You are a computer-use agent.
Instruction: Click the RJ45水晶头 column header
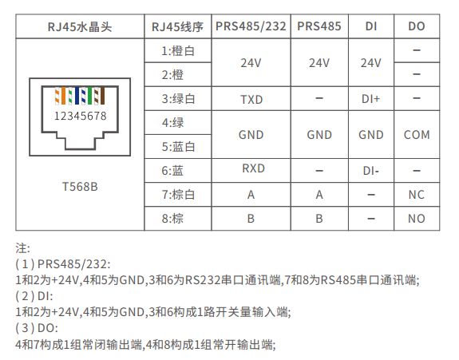[x=80, y=27]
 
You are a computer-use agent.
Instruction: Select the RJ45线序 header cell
[x=177, y=27]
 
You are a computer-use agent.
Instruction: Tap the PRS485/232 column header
[x=251, y=26]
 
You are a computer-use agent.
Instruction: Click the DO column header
[x=417, y=26]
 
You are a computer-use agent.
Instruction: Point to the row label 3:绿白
[x=178, y=99]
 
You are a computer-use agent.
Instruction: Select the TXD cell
[x=251, y=100]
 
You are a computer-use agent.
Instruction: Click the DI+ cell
[x=370, y=99]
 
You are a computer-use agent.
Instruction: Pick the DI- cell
[x=370, y=171]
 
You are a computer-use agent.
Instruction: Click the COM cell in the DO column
[x=417, y=135]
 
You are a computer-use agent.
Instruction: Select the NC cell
[x=417, y=195]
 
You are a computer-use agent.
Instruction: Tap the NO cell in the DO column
[x=417, y=219]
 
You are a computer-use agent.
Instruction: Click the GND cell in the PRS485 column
[x=319, y=135]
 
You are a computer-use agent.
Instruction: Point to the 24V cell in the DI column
[x=370, y=63]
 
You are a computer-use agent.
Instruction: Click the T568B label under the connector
[x=80, y=187]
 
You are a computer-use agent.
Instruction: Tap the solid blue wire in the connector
[x=77, y=96]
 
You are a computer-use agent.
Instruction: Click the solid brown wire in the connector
[x=102, y=96]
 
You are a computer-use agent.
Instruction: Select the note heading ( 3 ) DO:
[x=37, y=328]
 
